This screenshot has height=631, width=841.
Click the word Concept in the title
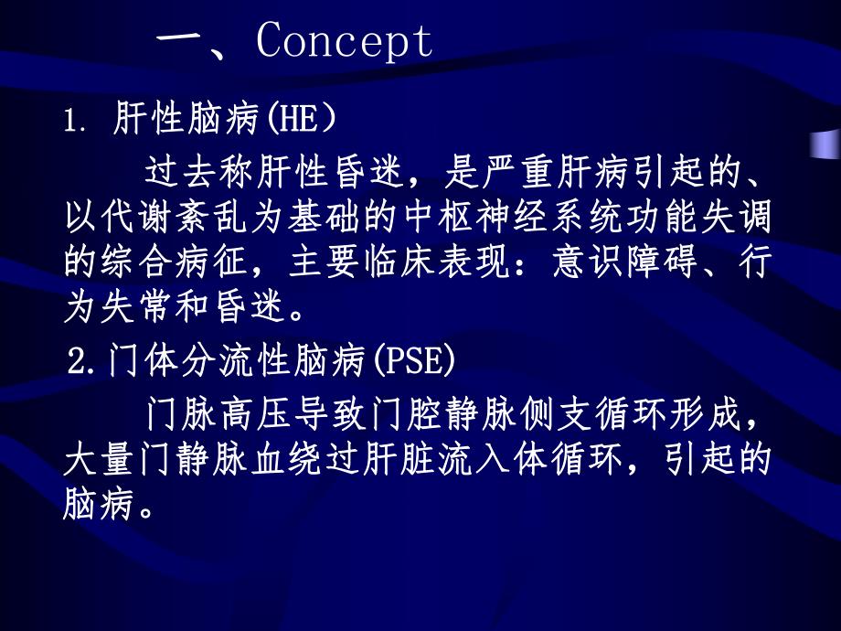tap(345, 41)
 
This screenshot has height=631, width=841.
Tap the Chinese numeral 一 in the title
tap(186, 41)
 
